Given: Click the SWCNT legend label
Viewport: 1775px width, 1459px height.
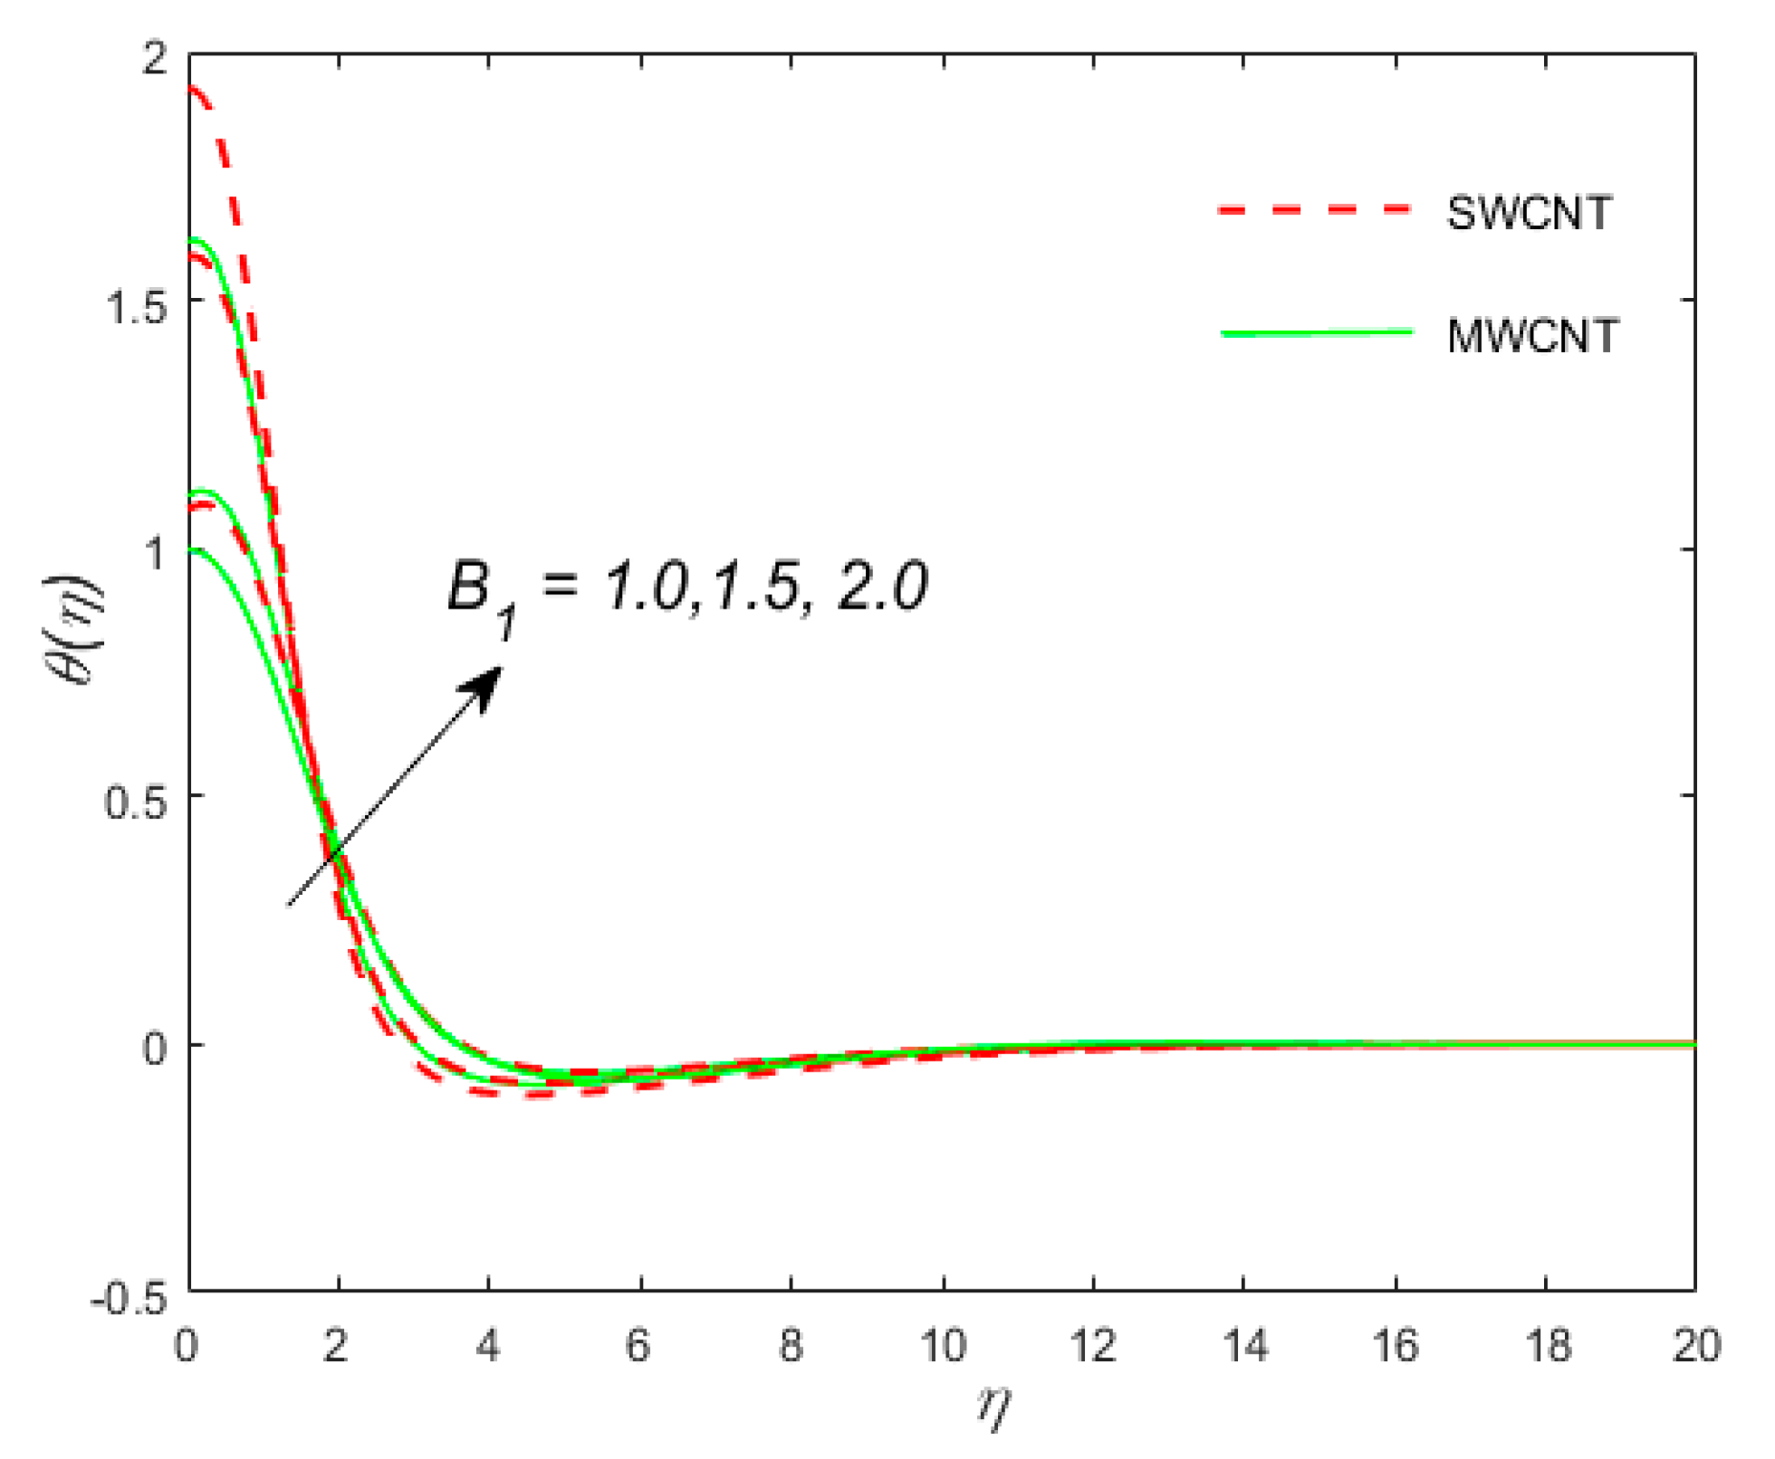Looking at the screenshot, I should [1529, 214].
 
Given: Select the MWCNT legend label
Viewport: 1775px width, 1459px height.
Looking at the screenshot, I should [1532, 337].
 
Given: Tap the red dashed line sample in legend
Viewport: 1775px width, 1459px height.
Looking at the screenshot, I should [1315, 210].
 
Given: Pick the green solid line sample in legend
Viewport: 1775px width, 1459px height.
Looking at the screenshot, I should [1317, 333].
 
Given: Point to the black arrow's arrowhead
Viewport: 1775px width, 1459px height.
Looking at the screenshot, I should [489, 683].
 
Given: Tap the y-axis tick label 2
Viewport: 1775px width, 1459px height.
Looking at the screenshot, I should [156, 58].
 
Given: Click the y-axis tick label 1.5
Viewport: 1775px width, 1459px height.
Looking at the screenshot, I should [137, 307].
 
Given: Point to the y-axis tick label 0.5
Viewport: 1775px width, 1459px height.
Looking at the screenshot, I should [137, 801].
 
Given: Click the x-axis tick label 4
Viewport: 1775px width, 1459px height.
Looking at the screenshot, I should [488, 1347].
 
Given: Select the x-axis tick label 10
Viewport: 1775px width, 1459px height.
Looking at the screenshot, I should [944, 1347].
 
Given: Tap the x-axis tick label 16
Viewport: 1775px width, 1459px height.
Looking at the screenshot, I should [1396, 1347].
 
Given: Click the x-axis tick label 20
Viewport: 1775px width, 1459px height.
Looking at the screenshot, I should [1695, 1347].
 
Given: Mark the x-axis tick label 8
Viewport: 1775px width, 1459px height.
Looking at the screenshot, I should [791, 1347].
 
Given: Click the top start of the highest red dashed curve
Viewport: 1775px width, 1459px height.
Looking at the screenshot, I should [192, 89].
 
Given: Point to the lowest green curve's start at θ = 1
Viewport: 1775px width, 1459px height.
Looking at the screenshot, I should [192, 550].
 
